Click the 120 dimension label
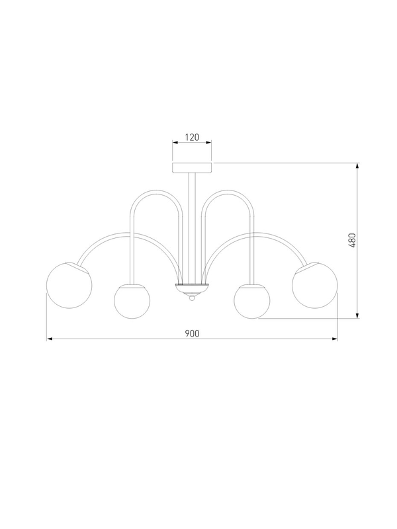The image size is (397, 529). click(x=192, y=138)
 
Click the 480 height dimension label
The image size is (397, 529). click(x=352, y=241)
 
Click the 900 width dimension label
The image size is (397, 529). click(x=192, y=334)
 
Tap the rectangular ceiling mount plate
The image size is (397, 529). click(x=192, y=168)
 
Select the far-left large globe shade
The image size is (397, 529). click(x=69, y=285)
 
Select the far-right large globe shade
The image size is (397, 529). click(x=315, y=285)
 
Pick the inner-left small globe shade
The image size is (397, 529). click(x=132, y=302)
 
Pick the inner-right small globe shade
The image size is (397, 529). click(x=252, y=302)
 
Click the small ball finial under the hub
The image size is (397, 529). click(x=192, y=298)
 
